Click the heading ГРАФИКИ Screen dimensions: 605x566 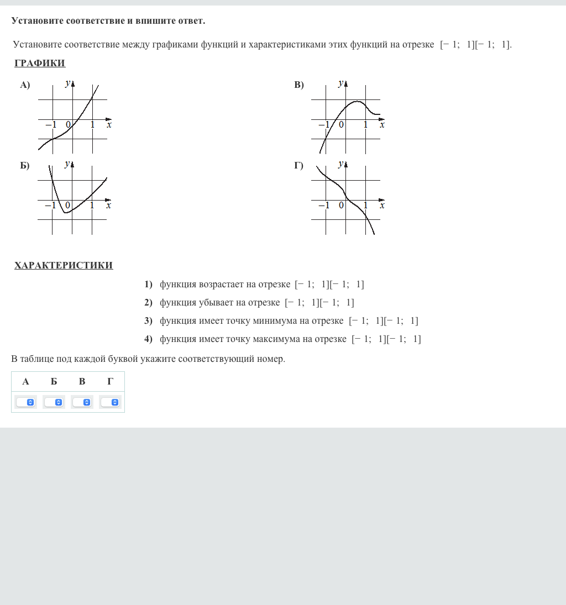point(40,63)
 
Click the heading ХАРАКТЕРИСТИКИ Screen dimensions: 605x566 point(64,265)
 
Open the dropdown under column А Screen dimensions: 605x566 point(25,402)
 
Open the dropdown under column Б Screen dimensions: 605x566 point(54,402)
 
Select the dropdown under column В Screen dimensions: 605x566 point(82,402)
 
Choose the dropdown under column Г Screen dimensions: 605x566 point(110,402)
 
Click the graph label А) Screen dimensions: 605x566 point(25,85)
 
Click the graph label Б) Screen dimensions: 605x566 point(25,166)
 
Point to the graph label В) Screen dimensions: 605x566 point(299,85)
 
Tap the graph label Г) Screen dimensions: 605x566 point(299,166)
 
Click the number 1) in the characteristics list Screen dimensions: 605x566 point(148,285)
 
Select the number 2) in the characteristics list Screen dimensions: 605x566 point(148,303)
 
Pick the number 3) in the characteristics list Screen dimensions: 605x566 point(148,321)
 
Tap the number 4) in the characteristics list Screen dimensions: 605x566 point(148,339)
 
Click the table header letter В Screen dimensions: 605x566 point(82,381)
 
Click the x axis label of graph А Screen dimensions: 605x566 point(109,125)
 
